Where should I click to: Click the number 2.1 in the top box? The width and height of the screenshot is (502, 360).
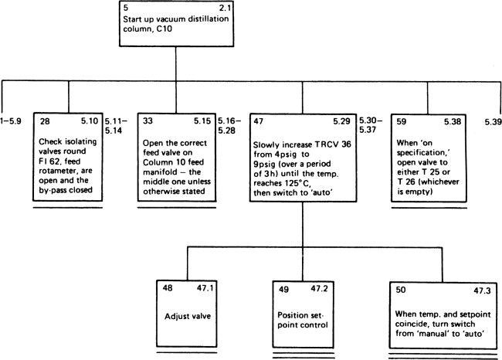point(224,8)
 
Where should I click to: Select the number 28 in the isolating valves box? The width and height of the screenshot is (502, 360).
point(45,121)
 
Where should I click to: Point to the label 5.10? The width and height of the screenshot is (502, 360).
point(90,121)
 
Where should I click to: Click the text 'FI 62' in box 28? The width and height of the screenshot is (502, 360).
point(49,161)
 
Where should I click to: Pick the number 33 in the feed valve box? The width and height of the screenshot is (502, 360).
point(148,121)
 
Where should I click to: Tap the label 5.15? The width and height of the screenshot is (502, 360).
point(202,121)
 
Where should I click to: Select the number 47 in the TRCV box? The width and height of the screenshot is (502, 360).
point(259,121)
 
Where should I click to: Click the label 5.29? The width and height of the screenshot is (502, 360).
point(341,121)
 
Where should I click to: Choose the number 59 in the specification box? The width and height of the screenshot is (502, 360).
point(402,121)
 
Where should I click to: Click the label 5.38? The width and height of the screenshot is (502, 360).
point(453,121)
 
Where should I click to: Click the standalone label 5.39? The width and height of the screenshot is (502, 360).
point(493,122)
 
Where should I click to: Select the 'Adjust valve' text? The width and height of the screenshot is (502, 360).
point(188,317)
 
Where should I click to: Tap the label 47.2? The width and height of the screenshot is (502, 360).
point(319,289)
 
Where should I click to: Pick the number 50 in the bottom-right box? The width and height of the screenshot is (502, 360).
point(401,290)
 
